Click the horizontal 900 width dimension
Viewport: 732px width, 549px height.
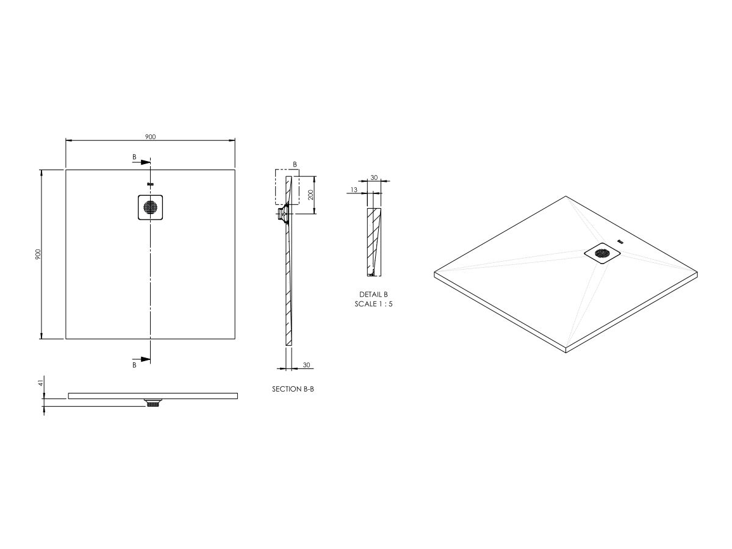coord(150,137)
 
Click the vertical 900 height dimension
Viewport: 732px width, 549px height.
coord(38,254)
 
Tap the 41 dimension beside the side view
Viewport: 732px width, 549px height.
coord(41,383)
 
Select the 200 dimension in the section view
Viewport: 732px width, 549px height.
coord(310,195)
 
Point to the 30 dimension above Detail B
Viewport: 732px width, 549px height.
coord(374,178)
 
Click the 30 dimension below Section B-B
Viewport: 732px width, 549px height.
coord(306,365)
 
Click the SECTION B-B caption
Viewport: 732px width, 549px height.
coord(293,389)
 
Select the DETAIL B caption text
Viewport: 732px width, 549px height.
coord(373,294)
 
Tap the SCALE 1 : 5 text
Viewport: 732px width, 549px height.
coord(373,303)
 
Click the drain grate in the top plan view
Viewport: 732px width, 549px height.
coord(151,207)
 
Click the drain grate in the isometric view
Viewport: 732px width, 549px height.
coord(602,253)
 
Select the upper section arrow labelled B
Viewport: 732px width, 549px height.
coord(142,162)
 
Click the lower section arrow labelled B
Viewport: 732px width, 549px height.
coord(142,359)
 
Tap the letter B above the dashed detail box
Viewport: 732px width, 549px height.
coord(295,165)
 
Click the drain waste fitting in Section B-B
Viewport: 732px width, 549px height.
coord(283,215)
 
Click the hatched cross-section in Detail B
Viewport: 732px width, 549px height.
coord(373,241)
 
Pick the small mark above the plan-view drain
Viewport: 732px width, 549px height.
coord(151,184)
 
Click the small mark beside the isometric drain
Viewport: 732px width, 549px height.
coord(621,242)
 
